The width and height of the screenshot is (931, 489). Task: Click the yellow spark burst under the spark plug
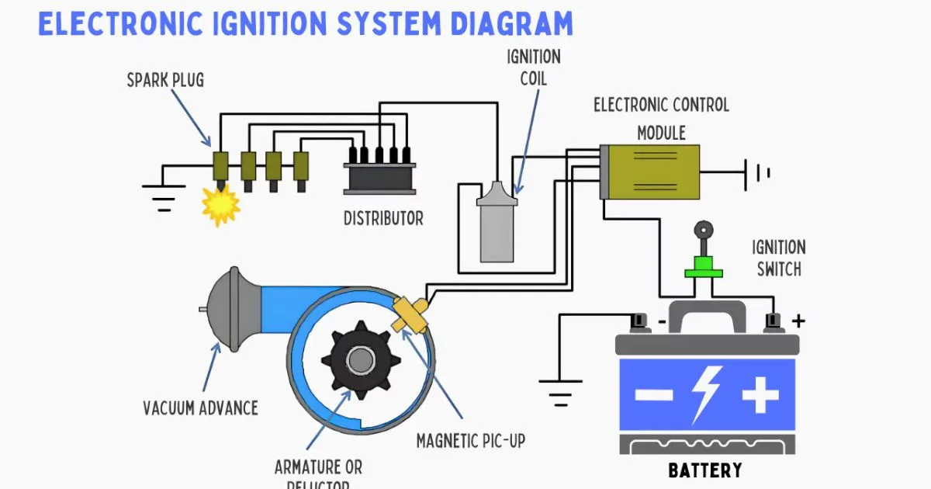[220, 205]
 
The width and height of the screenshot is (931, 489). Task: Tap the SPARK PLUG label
[165, 80]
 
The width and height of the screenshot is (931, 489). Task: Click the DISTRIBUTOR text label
[383, 219]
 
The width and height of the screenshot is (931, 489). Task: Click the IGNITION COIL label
[533, 68]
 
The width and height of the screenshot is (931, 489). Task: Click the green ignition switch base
[703, 271]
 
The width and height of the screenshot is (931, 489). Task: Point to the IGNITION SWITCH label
[778, 258]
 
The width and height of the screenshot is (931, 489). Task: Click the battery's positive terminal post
[771, 320]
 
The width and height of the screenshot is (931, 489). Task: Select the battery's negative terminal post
[639, 320]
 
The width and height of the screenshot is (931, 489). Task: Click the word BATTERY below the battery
[704, 470]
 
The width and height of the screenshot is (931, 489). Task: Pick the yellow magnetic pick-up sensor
[410, 315]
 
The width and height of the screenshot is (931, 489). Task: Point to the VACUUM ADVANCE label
[200, 407]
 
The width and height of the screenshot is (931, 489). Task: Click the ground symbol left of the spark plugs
[163, 196]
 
